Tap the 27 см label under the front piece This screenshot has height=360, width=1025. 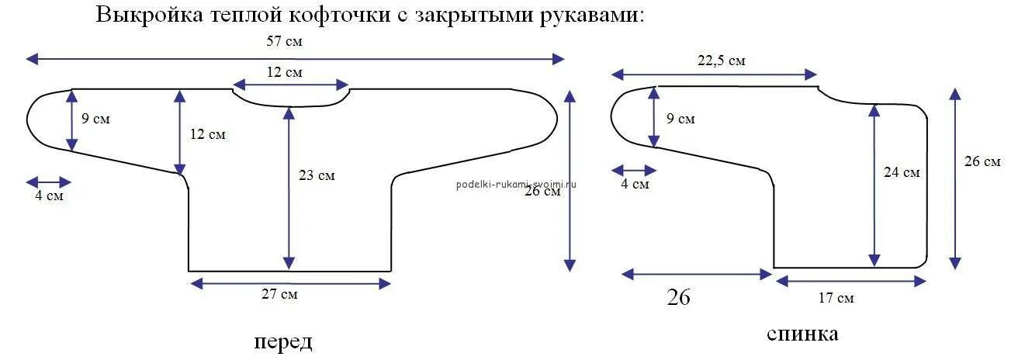tap(279, 295)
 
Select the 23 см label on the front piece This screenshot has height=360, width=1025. tap(317, 176)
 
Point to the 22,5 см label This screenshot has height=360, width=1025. tap(721, 61)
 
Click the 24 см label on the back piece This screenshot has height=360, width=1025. tap(902, 172)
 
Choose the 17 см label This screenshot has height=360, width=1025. tap(836, 298)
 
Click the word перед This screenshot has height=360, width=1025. tap(282, 341)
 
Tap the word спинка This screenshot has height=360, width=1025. tap(802, 334)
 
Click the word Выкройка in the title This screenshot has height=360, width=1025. tap(147, 15)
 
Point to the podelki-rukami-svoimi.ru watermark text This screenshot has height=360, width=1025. tap(517, 184)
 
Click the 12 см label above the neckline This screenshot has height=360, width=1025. tap(284, 72)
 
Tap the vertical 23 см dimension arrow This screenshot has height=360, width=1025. tap(289, 187)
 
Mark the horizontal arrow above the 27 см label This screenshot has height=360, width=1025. tap(289, 283)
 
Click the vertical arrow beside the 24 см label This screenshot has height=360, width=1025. tap(875, 186)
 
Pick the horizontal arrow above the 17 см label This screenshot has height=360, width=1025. tap(850, 281)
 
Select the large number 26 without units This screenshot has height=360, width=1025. tap(678, 297)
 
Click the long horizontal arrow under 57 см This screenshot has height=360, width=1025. tap(295, 58)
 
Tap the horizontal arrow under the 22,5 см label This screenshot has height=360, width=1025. tap(714, 74)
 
